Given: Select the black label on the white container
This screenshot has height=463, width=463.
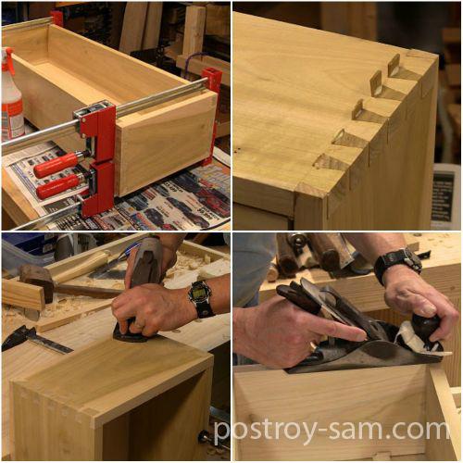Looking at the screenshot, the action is [444, 196].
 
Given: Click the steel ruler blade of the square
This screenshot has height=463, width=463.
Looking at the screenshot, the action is [49, 344].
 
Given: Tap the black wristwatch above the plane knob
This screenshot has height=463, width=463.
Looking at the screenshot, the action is [398, 263].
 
